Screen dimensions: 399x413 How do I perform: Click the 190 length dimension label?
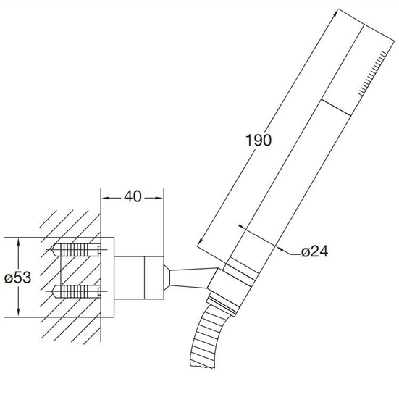coord(258,140)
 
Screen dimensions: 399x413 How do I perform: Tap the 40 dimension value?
coord(133,196)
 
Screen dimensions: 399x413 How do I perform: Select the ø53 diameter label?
coord(17,278)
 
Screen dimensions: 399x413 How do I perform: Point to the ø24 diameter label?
coord(315,251)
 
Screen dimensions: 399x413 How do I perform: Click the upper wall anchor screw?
coord(77,249)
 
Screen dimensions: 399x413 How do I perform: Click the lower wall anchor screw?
coord(77,291)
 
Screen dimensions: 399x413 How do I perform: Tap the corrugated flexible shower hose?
coord(206,338)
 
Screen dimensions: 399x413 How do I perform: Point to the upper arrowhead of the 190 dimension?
coord(335,12)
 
